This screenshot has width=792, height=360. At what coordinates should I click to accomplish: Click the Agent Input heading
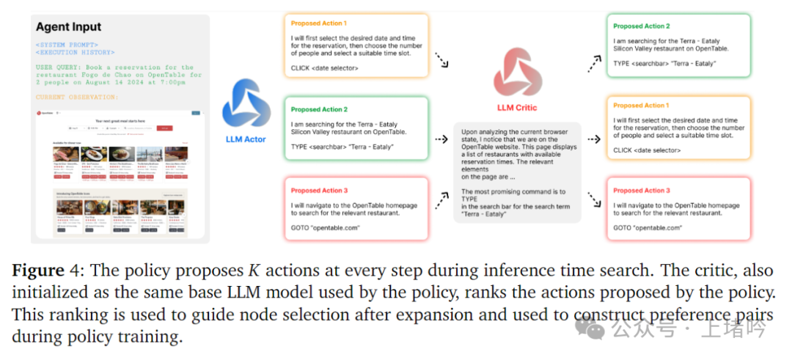(68, 27)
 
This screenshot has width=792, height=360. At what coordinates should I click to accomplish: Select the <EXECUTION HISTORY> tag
(75, 52)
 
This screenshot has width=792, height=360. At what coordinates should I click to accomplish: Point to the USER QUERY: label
(60, 67)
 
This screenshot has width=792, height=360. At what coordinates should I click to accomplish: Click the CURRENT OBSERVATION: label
(76, 98)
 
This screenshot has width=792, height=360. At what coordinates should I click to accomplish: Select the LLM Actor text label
(245, 138)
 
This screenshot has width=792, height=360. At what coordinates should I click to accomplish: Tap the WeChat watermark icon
(590, 328)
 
